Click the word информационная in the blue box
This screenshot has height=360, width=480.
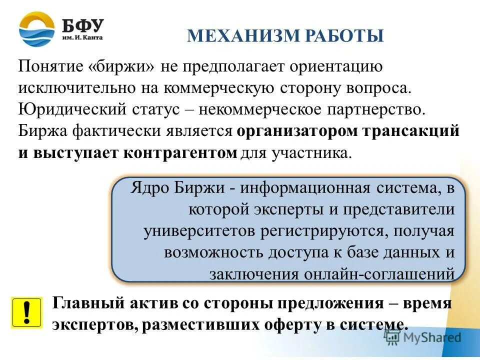(x=304, y=189)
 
